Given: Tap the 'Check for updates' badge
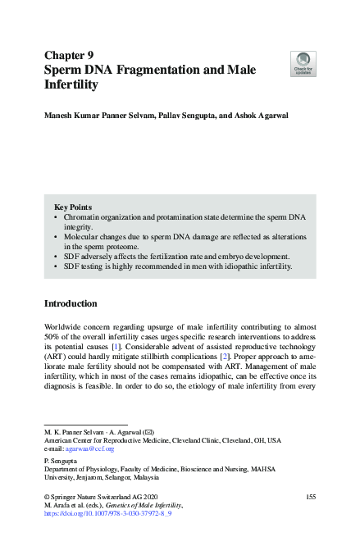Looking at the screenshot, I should [303, 63].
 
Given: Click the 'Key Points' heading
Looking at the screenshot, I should [73, 207].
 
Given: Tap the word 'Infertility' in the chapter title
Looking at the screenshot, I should [71, 84].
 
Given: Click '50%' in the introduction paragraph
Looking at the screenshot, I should [52, 339].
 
